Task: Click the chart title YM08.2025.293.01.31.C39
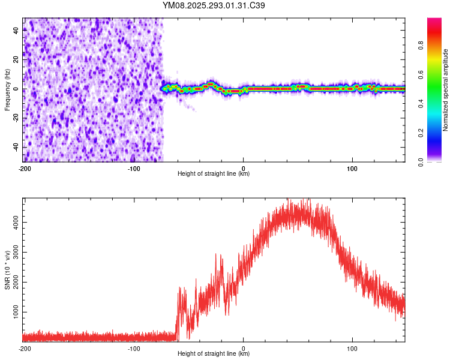click(214, 6)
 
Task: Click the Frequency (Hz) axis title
click(7, 90)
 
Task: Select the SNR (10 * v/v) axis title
click(7, 270)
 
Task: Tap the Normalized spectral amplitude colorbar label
click(446, 90)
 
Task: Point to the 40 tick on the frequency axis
click(16, 31)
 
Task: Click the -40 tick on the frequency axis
click(16, 147)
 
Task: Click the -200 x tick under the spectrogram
click(25, 167)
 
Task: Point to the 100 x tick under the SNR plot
click(353, 347)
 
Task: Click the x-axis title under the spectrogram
click(214, 174)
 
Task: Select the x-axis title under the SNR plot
click(214, 354)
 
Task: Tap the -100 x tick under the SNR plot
click(134, 347)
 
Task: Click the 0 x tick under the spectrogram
click(243, 167)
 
